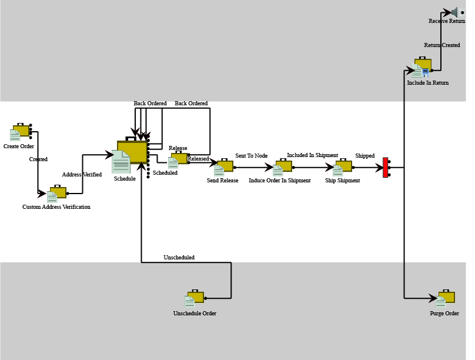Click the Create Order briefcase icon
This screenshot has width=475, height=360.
tap(20, 132)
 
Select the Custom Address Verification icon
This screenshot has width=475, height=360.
tap(56, 194)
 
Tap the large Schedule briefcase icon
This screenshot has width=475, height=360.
tap(130, 155)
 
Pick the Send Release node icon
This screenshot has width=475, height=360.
tap(223, 167)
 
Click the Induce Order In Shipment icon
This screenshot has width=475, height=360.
tap(282, 167)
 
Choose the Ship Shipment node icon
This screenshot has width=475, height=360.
tap(342, 167)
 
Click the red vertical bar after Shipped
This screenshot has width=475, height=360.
tap(385, 167)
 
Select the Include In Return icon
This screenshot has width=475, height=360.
tap(422, 67)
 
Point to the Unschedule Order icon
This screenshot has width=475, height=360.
tap(195, 298)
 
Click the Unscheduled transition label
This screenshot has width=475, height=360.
tap(179, 257)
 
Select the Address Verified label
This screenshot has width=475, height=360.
tap(82, 174)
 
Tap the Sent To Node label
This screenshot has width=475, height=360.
tap(252, 155)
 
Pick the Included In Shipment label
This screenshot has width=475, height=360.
tap(313, 155)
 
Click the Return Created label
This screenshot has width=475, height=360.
tap(442, 45)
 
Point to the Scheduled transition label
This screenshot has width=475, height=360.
tap(165, 172)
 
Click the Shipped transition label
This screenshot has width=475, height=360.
tap(365, 155)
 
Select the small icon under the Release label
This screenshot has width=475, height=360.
tap(178, 159)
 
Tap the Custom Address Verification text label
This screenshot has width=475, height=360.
tap(56, 206)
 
